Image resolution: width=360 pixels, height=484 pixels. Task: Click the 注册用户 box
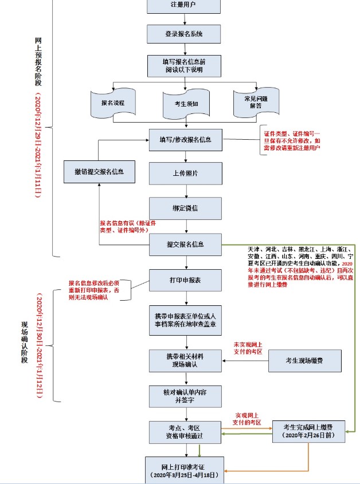pyautogui.click(x=184, y=6)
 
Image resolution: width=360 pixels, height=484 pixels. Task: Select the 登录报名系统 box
pyautogui.click(x=184, y=33)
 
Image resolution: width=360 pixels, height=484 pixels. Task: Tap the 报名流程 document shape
pyautogui.click(x=112, y=102)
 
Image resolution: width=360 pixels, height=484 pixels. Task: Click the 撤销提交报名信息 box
pyautogui.click(x=99, y=172)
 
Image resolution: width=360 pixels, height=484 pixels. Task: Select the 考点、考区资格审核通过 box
pyautogui.click(x=185, y=432)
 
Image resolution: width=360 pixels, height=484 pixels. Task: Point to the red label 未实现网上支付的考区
pyautogui.click(x=248, y=347)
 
